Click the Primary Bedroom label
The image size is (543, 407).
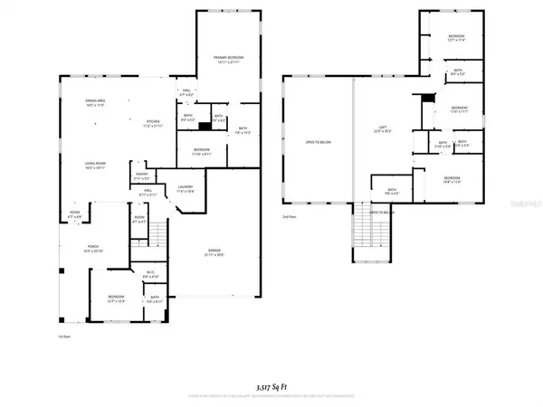(217, 58)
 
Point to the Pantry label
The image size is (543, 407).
(141, 175)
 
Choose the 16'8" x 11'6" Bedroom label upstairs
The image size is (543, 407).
(453, 180)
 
